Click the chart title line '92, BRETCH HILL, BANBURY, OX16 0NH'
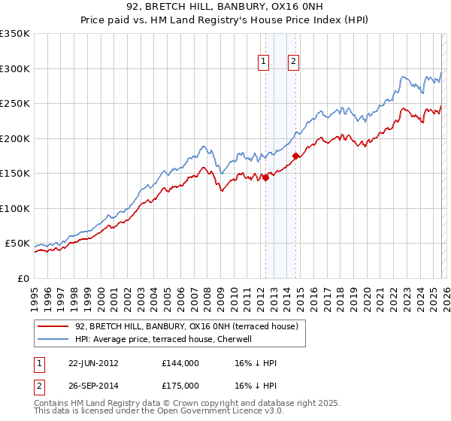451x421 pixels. (225, 7)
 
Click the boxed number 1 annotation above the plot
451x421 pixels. (265, 62)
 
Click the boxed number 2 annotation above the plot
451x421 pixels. (292, 62)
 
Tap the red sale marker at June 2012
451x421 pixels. (265, 178)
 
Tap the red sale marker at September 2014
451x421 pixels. (296, 156)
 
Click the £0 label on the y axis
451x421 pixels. (21, 278)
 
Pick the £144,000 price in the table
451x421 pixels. (180, 362)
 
